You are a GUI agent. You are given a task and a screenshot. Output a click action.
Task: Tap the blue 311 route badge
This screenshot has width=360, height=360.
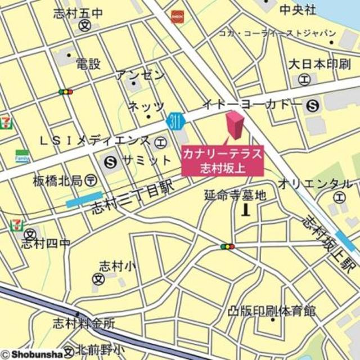pyautogui.click(x=175, y=120)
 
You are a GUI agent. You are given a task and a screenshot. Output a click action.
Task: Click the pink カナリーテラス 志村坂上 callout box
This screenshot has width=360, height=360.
pyautogui.click(x=222, y=160)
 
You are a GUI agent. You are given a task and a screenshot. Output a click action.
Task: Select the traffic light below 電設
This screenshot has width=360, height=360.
pyautogui.click(x=66, y=91)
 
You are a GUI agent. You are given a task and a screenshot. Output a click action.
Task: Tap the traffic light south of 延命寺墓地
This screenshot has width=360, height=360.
pyautogui.click(x=227, y=246)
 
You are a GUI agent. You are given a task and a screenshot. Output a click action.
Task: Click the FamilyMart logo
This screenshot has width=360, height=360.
pyautogui.click(x=22, y=156)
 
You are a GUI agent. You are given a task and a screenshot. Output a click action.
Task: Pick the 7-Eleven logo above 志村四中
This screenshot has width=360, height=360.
pyautogui.click(x=17, y=225)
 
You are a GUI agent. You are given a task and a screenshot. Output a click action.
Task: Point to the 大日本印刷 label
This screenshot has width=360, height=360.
pyautogui.click(x=319, y=63)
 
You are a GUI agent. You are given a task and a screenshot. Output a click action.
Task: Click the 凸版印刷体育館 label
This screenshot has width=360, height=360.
pyautogui.click(x=272, y=310)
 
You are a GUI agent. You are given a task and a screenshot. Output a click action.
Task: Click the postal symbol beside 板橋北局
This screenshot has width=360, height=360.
pyautogui.click(x=91, y=181)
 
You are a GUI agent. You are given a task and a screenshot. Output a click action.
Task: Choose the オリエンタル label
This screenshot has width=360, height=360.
pyautogui.click(x=315, y=184)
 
